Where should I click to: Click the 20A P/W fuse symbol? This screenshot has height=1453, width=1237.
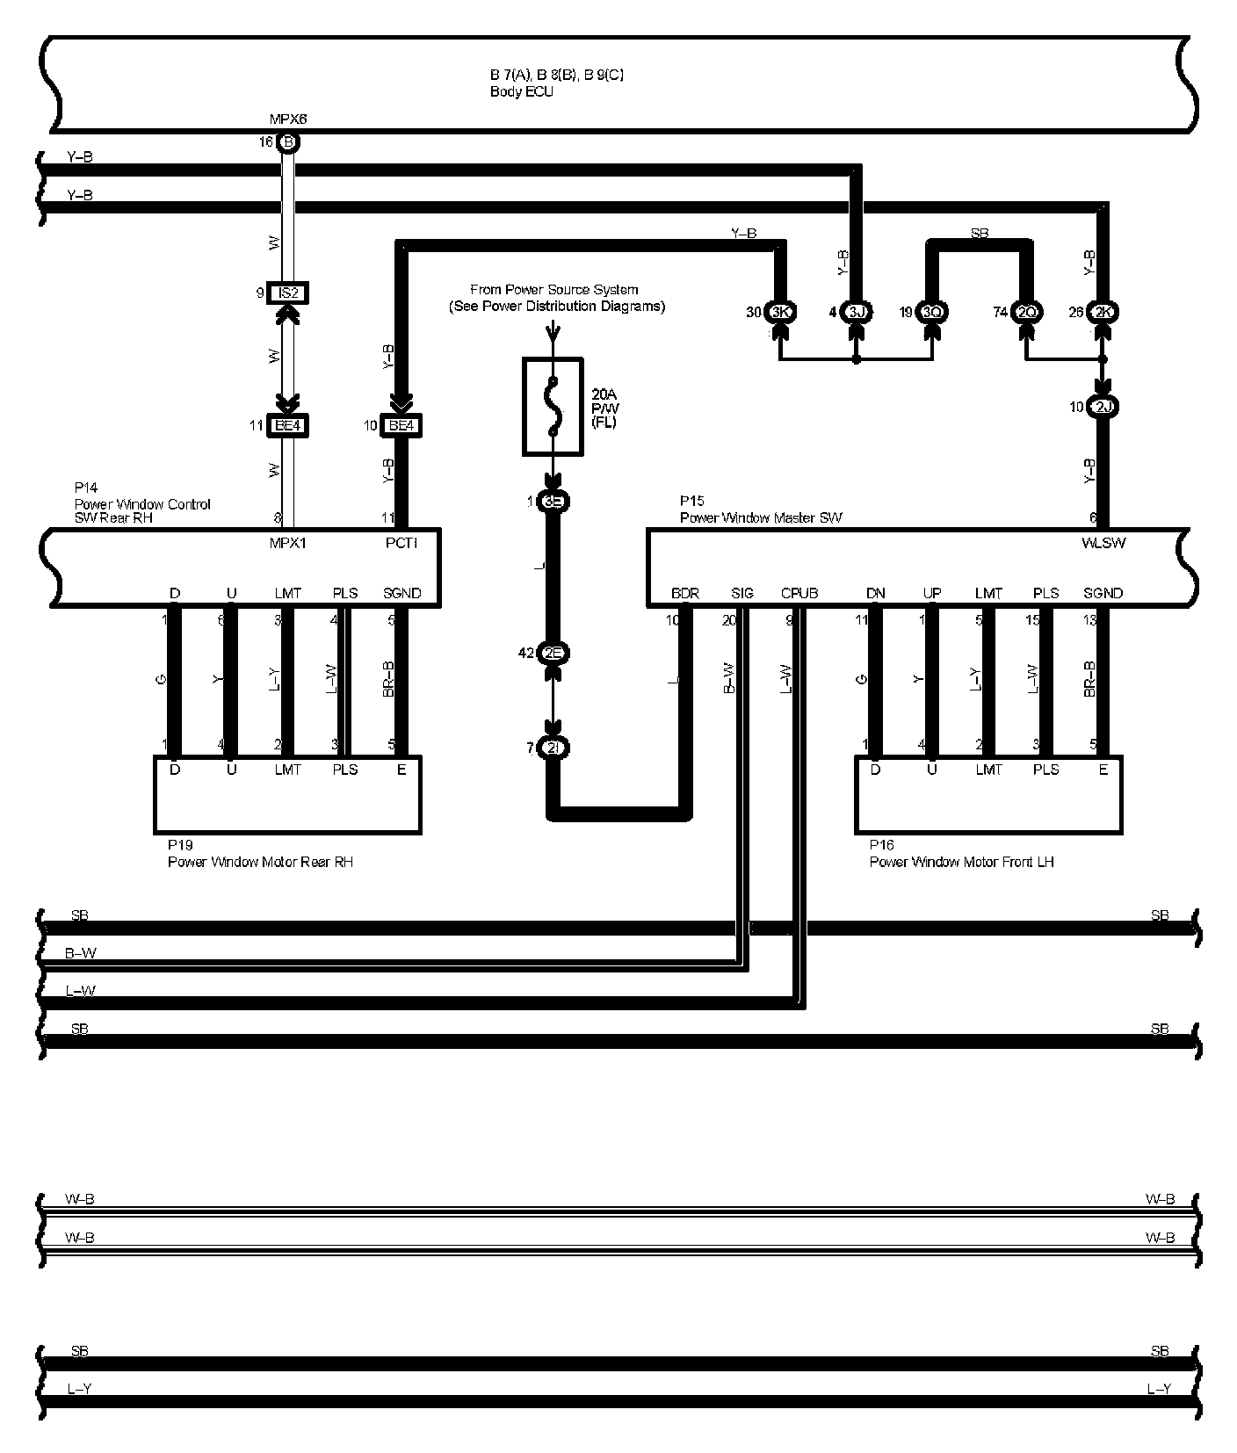(x=552, y=406)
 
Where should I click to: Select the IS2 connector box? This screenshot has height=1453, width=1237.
(x=288, y=293)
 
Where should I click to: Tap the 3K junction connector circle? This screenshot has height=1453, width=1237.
(x=779, y=312)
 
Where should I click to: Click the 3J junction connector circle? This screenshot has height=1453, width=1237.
(x=857, y=312)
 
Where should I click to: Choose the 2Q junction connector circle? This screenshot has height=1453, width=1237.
(x=1026, y=312)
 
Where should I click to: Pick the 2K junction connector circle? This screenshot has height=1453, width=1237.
(x=1103, y=312)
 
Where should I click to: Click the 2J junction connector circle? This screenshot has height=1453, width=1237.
(x=1103, y=407)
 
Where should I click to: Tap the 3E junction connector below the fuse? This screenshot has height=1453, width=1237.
(x=553, y=502)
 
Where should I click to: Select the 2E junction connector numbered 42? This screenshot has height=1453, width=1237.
(x=553, y=653)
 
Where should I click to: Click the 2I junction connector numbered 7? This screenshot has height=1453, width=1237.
(x=553, y=748)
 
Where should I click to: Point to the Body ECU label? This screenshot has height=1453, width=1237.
(x=521, y=91)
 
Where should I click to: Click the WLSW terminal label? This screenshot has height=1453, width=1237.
(x=1103, y=543)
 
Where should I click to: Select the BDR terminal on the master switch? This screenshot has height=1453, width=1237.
(x=684, y=593)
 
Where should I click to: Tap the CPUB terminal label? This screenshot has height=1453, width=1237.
(x=799, y=593)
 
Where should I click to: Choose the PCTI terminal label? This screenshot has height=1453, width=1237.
(x=401, y=543)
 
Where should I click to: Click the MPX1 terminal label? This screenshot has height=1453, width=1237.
(x=288, y=543)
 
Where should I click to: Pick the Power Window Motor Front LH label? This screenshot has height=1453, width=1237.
(x=961, y=862)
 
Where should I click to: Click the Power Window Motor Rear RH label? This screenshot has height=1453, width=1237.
(x=260, y=862)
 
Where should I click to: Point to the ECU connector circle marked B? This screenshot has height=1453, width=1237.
(x=288, y=141)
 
